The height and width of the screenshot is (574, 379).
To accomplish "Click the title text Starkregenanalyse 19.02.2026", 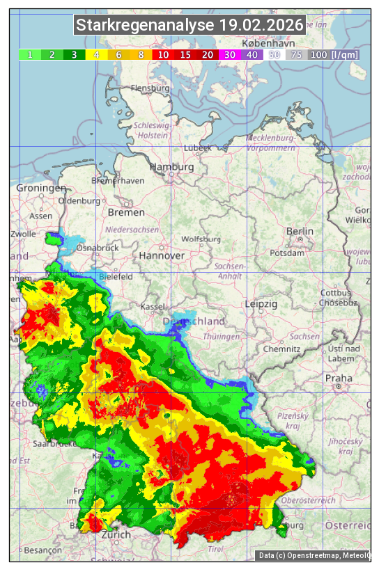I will click(189, 26).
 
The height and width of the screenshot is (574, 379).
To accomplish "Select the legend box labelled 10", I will click(164, 54).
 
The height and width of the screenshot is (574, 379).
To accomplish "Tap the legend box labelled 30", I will click(230, 54).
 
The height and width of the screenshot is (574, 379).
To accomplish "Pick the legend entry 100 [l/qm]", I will click(334, 54).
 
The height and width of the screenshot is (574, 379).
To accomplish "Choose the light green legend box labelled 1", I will click(30, 54).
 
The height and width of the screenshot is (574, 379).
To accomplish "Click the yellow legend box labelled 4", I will click(97, 54).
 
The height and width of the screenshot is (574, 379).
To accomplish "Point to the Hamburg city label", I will click(171, 168).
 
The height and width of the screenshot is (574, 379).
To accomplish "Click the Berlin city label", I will click(300, 232).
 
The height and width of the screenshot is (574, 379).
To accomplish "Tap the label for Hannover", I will click(162, 255).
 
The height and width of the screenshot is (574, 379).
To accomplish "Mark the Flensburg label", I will click(150, 89).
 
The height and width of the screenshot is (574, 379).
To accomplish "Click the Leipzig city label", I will click(261, 304).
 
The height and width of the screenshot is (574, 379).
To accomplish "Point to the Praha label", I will click(339, 378).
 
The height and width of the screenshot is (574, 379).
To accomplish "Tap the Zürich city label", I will click(116, 534).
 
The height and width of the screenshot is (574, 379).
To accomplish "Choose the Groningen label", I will click(41, 189).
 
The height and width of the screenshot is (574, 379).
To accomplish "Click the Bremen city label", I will click(126, 212).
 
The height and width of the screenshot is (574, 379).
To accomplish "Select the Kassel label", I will click(152, 306).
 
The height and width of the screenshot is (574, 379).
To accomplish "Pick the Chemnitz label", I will click(282, 348).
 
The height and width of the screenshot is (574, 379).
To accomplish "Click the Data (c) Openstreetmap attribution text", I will click(314, 555).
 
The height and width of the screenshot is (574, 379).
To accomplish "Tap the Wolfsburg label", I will click(201, 239).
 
